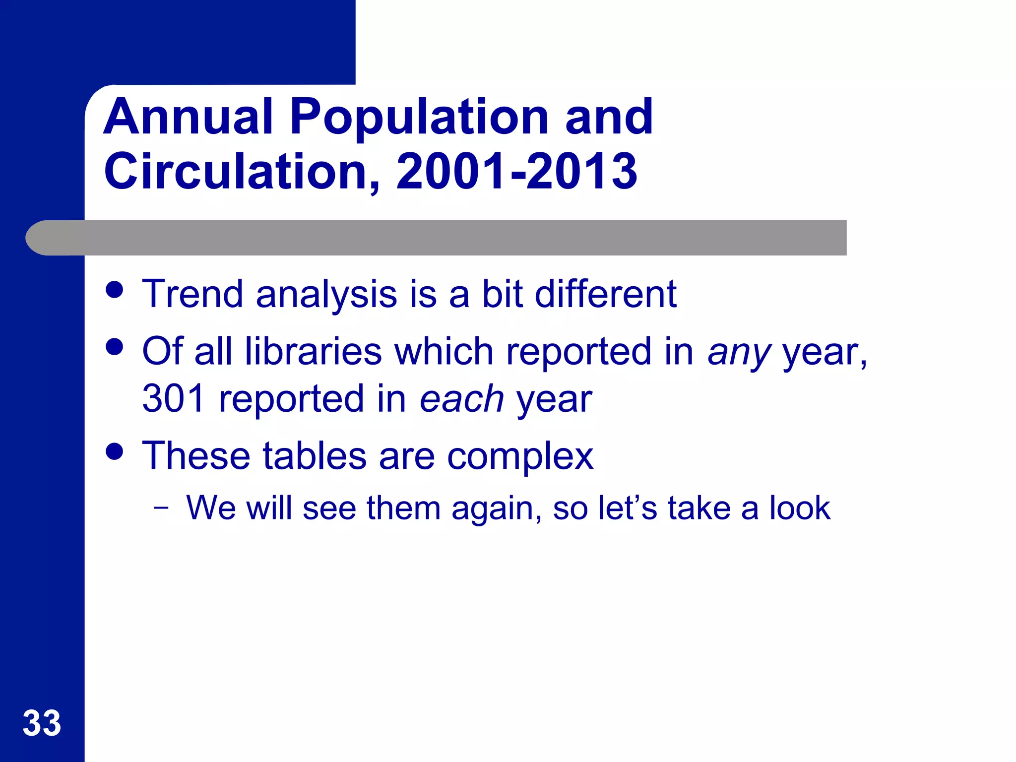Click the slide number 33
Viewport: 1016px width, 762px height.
tap(42, 723)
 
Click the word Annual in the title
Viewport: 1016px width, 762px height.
tap(189, 117)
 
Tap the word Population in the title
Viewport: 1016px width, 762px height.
tap(419, 117)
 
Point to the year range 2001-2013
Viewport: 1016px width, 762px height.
tap(516, 172)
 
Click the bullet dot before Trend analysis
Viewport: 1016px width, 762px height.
tap(115, 290)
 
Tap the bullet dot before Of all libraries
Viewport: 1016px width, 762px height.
tap(115, 347)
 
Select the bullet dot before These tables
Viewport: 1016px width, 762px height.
tap(115, 451)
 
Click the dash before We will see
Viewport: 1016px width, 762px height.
tap(161, 508)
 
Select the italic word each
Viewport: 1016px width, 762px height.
tap(462, 399)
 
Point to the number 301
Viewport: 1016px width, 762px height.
tap(174, 399)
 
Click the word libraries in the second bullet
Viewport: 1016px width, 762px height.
tap(313, 351)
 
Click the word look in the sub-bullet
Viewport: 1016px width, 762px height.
tap(800, 508)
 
